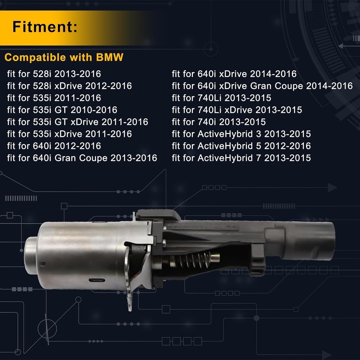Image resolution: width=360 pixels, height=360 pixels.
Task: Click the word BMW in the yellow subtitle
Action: point(110,57)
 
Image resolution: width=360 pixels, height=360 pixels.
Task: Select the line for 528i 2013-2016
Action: point(54,74)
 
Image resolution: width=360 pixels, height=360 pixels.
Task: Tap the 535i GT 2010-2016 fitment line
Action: point(62,110)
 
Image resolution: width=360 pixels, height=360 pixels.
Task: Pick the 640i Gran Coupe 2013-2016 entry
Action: point(82,158)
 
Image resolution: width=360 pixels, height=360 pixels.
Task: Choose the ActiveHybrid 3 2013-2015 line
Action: point(241,134)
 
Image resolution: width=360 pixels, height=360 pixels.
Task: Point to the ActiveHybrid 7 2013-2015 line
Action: point(241,158)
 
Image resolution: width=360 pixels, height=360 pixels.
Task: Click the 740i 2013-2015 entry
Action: point(219,122)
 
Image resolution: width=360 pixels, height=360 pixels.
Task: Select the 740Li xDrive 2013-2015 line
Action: point(237,110)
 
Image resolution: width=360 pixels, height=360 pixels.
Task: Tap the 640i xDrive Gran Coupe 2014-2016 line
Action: point(262,86)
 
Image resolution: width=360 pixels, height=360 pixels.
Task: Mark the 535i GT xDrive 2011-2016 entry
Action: point(78,122)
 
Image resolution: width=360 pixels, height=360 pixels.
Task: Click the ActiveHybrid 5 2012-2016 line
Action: point(241,146)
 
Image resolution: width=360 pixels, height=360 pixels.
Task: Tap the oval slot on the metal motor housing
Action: point(97,280)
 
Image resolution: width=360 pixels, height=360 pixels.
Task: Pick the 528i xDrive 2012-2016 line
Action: point(69,86)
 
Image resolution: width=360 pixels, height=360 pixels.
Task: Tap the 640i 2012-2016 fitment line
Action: point(54,146)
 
